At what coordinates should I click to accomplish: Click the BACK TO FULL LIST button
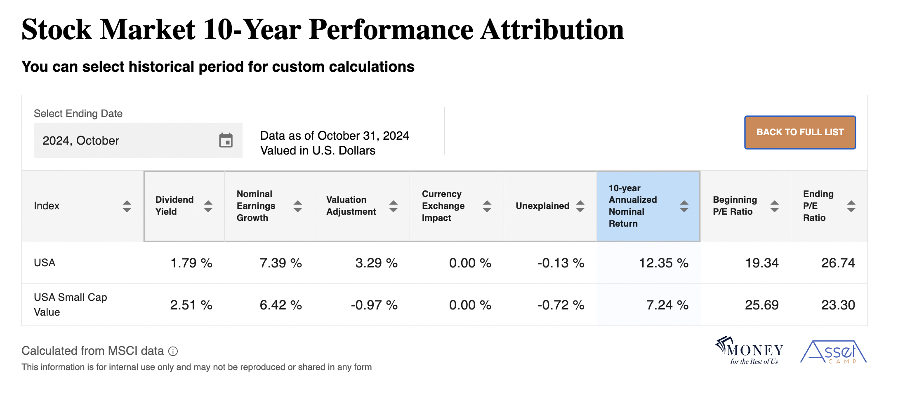click(x=799, y=132)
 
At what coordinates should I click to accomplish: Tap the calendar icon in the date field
click(x=226, y=141)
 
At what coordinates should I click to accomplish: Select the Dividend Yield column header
click(x=174, y=206)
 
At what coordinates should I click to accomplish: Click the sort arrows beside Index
click(x=127, y=206)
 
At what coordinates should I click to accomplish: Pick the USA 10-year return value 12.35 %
click(x=663, y=263)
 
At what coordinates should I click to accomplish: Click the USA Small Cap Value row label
click(x=70, y=305)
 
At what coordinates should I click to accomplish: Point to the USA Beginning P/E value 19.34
click(x=761, y=263)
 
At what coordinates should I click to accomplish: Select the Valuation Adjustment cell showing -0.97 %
click(x=374, y=305)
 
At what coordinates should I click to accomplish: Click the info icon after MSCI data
click(x=173, y=351)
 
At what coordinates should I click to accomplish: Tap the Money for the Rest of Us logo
click(x=749, y=351)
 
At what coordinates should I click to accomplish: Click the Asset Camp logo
click(x=833, y=352)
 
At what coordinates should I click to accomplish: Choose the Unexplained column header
click(x=542, y=206)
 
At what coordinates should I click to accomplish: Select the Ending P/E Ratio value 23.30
click(x=838, y=305)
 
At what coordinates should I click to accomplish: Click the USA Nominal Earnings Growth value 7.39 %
click(x=280, y=263)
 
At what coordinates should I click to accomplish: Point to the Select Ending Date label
click(x=78, y=114)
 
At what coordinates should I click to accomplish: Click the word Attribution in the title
click(x=552, y=30)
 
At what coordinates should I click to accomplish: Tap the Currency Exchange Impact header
click(x=443, y=206)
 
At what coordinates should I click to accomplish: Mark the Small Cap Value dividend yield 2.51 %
click(x=191, y=305)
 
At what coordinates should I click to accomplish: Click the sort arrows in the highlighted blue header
click(x=684, y=206)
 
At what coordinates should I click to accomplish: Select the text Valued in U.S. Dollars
click(x=318, y=151)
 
